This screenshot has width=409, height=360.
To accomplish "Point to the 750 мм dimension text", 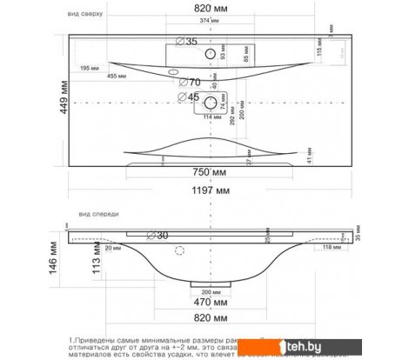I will [212, 171].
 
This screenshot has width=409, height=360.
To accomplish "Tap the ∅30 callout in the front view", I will [163, 235].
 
